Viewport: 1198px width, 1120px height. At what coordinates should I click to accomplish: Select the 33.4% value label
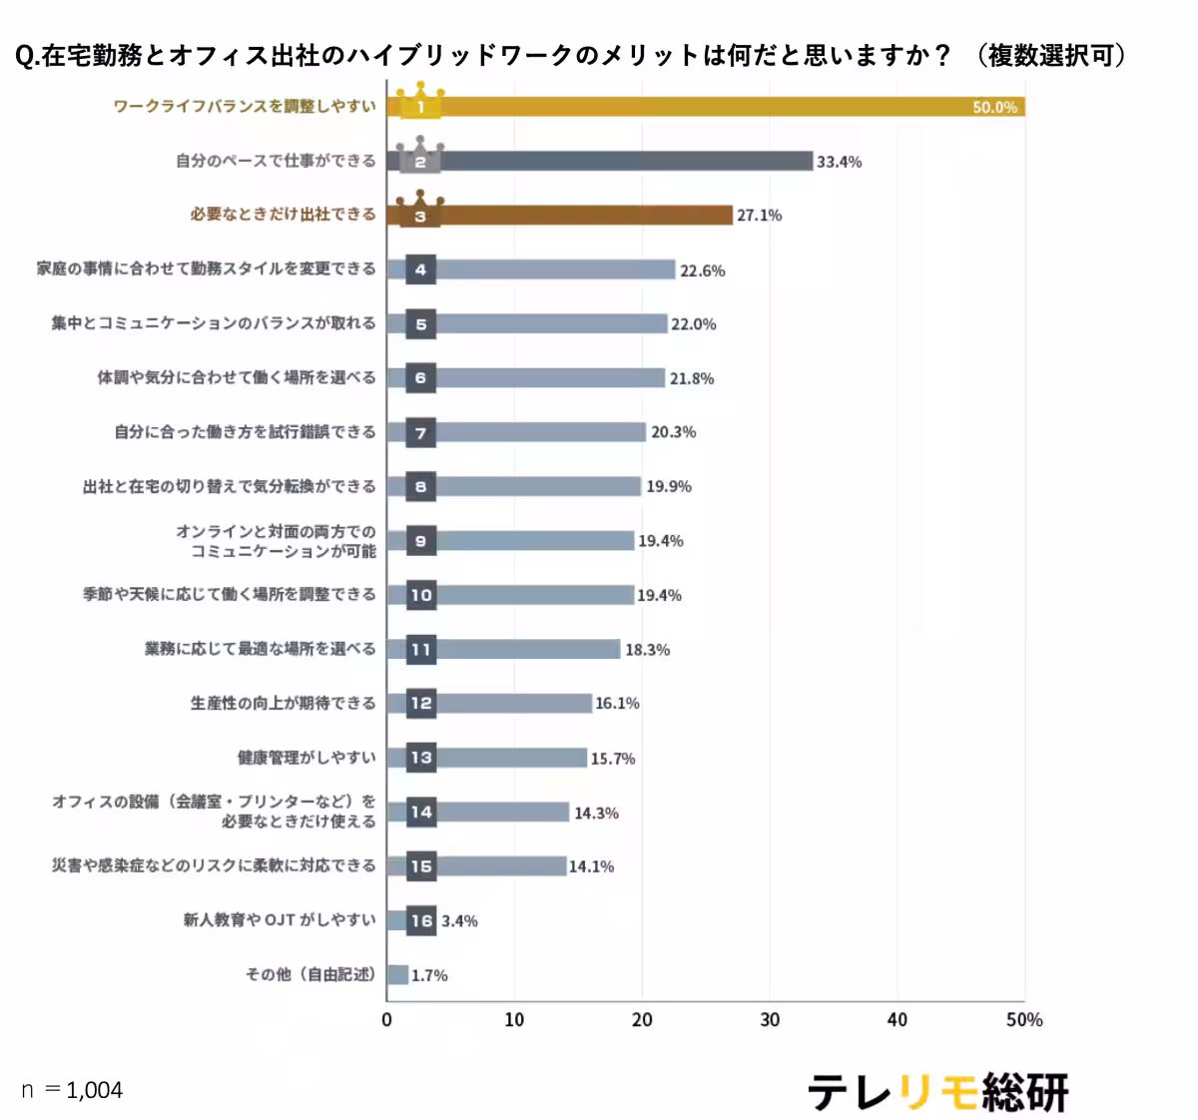point(839,162)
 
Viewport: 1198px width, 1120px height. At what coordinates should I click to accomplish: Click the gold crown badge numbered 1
point(420,104)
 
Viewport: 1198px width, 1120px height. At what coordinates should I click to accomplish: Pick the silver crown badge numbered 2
point(420,158)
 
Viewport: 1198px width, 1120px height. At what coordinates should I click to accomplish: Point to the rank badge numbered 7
point(421,432)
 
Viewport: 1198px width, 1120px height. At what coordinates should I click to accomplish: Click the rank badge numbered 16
point(421,920)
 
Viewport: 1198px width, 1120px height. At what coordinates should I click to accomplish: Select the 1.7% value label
point(429,975)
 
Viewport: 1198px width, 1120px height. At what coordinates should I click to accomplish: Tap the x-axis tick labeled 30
point(770,1019)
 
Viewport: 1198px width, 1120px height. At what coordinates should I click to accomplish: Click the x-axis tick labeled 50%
point(1024,1019)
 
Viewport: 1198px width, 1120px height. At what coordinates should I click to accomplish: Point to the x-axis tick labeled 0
point(387,1019)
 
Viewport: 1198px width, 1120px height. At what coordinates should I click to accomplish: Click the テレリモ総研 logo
point(937,1092)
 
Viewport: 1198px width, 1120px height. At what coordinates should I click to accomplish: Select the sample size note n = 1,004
point(72,1090)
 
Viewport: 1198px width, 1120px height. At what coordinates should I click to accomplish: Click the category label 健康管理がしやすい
point(306,758)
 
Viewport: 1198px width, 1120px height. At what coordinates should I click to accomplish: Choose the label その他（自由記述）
point(311,974)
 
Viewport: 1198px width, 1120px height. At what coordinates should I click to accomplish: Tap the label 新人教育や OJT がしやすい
point(280,919)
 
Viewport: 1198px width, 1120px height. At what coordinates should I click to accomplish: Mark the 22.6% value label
point(702,271)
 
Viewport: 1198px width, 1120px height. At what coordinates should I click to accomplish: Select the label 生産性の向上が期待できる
point(284,703)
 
